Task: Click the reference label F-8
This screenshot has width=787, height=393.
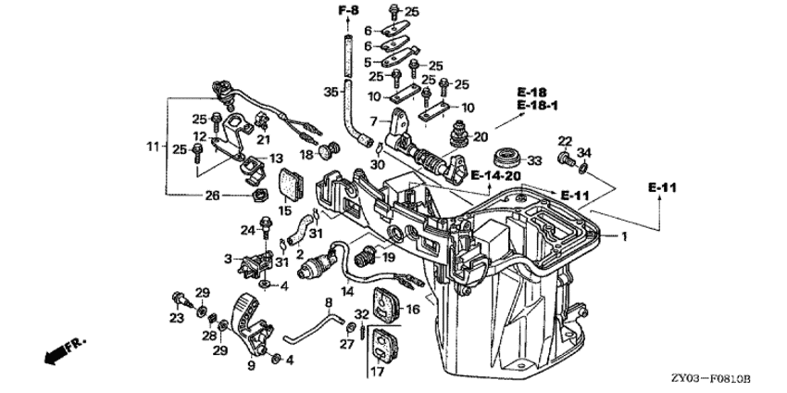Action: (x=348, y=10)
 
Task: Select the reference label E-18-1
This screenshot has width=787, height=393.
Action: (x=538, y=106)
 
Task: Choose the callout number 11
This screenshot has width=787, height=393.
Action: (x=153, y=146)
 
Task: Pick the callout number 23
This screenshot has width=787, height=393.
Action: (x=175, y=318)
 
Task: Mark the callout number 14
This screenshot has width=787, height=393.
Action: (x=346, y=291)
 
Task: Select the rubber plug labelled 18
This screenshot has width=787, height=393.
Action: (x=324, y=150)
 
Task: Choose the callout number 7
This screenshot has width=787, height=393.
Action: (x=374, y=121)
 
